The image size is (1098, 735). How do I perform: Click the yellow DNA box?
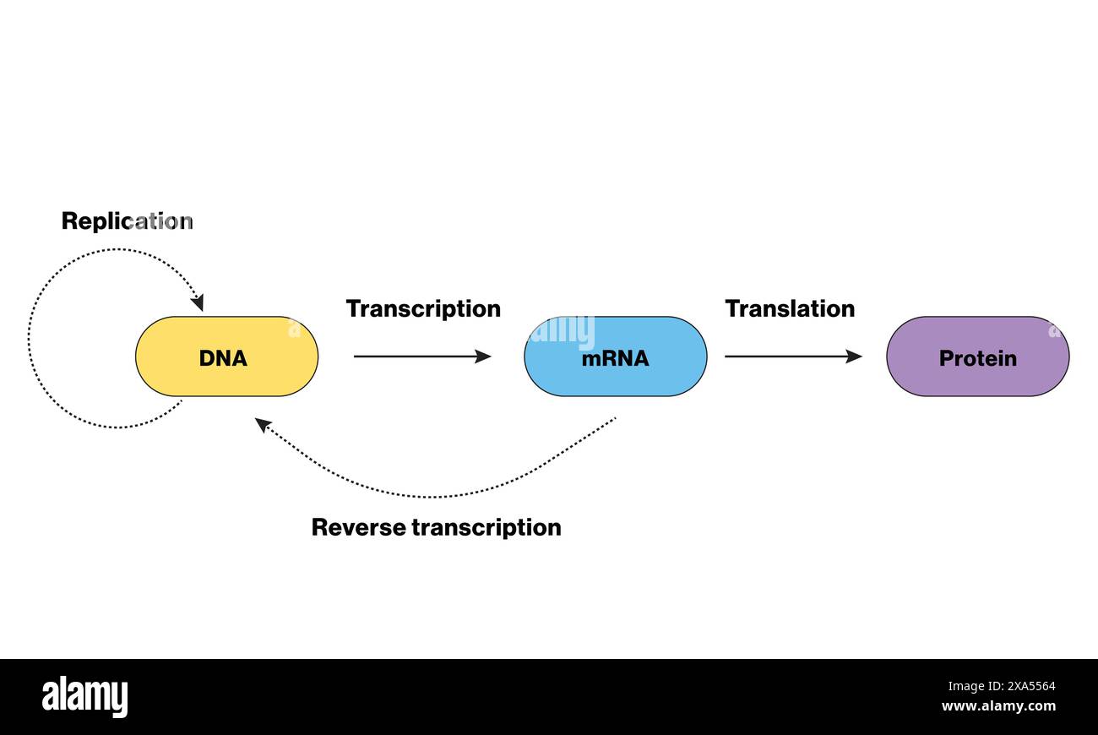[x=169, y=357]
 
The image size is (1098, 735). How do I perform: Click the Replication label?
[x=127, y=221]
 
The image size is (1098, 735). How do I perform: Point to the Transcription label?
[x=423, y=309]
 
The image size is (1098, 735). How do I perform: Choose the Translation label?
[x=790, y=309]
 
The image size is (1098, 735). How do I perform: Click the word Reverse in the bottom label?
[x=358, y=527]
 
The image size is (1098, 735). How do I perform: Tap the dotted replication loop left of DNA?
[x=30, y=338]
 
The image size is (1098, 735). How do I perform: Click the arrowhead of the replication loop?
[x=198, y=302]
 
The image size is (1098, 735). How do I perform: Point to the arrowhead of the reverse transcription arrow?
[x=263, y=424]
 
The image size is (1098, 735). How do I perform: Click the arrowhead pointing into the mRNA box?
[x=483, y=357]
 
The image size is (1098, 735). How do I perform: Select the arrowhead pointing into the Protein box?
[x=854, y=357]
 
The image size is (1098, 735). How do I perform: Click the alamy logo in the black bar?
[x=85, y=697]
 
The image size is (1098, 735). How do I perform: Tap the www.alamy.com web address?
[x=997, y=706]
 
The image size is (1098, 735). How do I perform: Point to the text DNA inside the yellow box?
[x=223, y=358]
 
